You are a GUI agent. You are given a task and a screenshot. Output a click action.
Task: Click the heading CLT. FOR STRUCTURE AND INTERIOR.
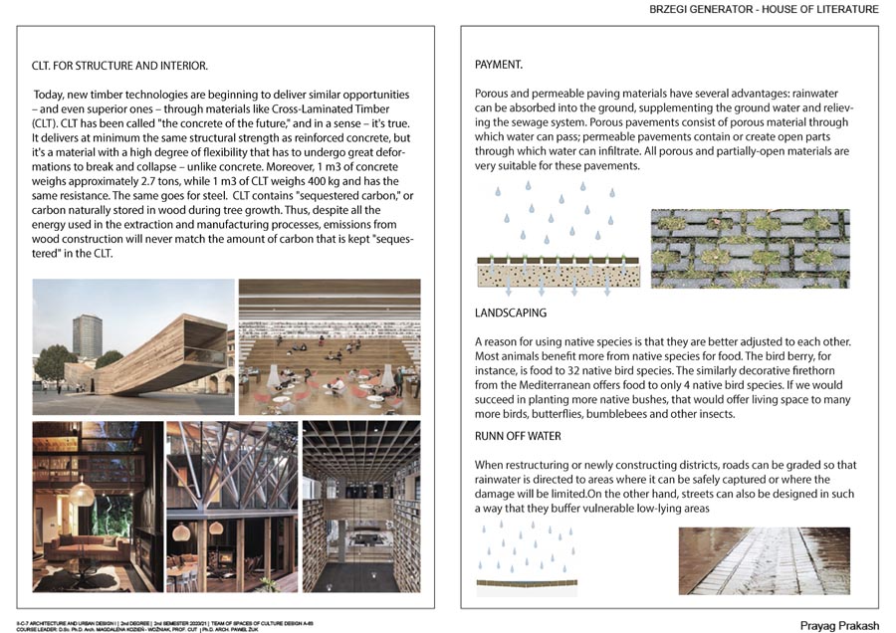pos(120,67)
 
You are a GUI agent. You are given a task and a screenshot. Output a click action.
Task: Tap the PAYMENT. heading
pos(499,65)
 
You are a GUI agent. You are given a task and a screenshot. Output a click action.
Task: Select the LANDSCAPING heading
pos(511,313)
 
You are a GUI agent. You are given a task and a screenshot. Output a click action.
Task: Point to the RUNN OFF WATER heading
pos(518,436)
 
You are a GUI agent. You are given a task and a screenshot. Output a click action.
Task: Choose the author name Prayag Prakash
pos(839,625)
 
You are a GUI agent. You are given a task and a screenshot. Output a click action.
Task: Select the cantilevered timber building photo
pos(133,346)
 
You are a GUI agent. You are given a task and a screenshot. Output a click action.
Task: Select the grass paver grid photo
pos(750,249)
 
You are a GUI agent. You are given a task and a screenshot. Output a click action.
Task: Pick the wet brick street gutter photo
pos(764,560)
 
